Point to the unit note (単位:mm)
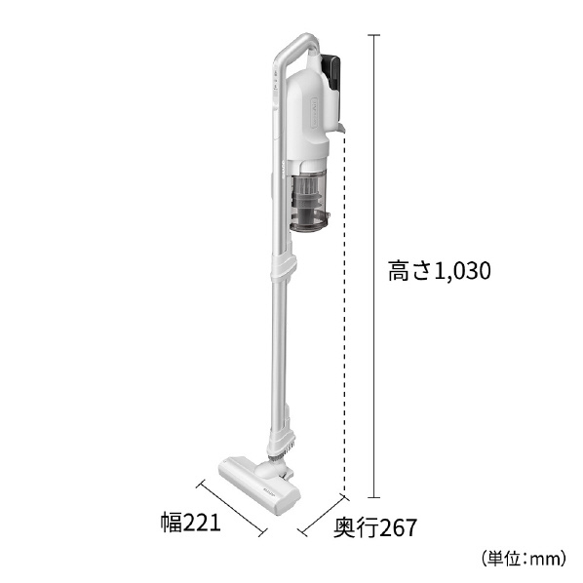(x=524, y=559)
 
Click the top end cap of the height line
(x=374, y=35)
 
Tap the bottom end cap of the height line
(x=374, y=496)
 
